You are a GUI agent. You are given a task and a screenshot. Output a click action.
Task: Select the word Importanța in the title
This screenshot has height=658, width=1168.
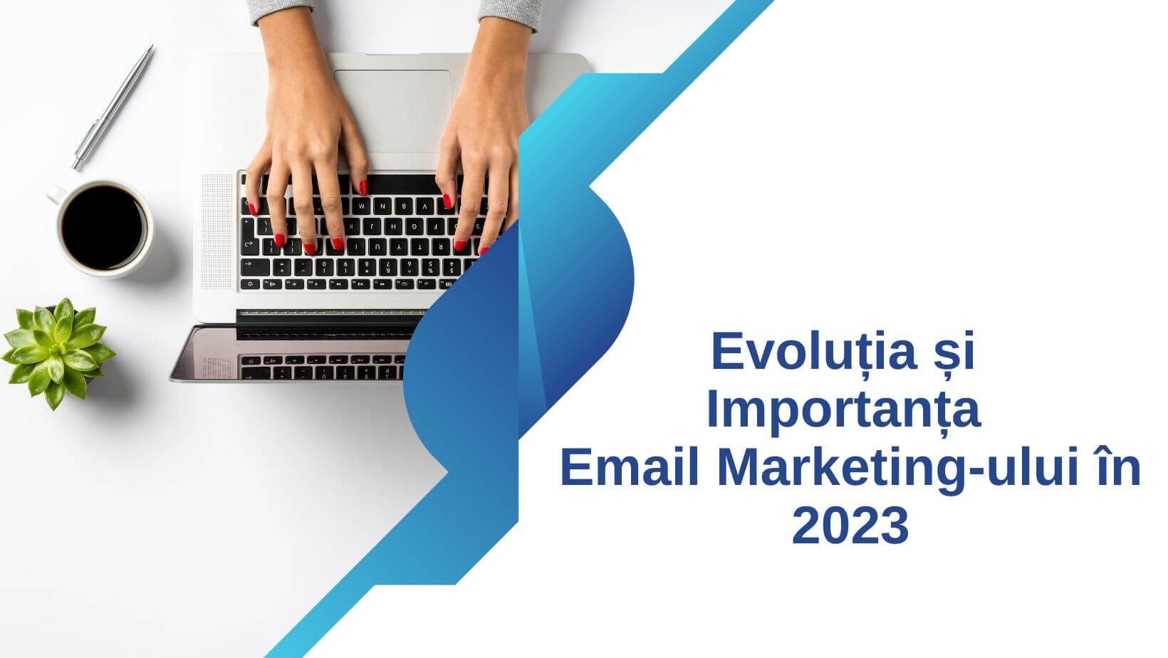coord(843,411)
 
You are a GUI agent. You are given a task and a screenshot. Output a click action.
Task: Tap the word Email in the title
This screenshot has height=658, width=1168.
coord(632,469)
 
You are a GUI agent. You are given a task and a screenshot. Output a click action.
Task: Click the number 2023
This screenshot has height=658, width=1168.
coord(850,526)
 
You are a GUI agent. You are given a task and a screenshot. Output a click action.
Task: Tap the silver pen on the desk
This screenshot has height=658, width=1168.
coord(113,108)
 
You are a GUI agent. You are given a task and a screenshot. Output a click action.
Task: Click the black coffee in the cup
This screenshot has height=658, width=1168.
coord(103,226)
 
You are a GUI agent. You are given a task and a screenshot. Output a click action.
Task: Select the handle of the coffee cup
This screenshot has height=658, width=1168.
coord(55,193)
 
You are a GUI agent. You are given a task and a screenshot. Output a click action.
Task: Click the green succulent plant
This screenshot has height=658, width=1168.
coord(57,350)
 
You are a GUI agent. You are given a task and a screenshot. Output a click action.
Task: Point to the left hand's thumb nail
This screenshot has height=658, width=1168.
coord(363,187)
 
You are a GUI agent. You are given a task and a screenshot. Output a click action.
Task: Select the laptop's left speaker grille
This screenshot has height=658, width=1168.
coord(217,231)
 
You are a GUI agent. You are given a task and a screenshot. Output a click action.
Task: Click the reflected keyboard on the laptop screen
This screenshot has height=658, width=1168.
coord(320,367)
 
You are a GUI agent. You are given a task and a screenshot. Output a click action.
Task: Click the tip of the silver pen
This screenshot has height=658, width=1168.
coord(74,167)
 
